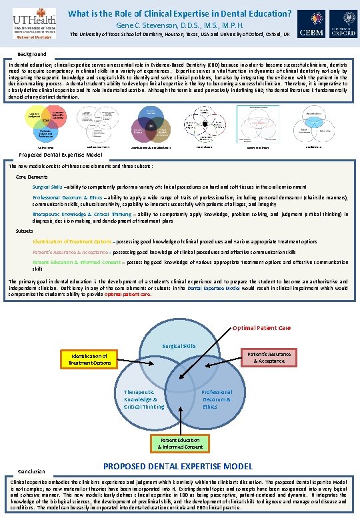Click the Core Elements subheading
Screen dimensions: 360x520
[32, 177]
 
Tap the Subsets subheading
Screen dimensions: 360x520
[26, 230]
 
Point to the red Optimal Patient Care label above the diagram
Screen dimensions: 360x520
[261, 328]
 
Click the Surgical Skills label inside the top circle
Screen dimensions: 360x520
[179, 346]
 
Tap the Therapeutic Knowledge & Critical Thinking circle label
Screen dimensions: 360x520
[144, 399]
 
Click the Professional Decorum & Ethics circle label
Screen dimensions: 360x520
[217, 399]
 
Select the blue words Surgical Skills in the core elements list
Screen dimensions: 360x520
[47, 187]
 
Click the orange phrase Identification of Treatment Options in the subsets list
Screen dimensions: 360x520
[73, 241]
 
